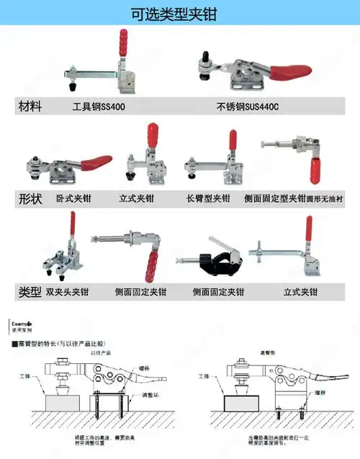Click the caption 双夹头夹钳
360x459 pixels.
(x=67, y=292)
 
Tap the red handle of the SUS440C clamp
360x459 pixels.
(x=289, y=71)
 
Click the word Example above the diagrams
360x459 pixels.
(x=22, y=326)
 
